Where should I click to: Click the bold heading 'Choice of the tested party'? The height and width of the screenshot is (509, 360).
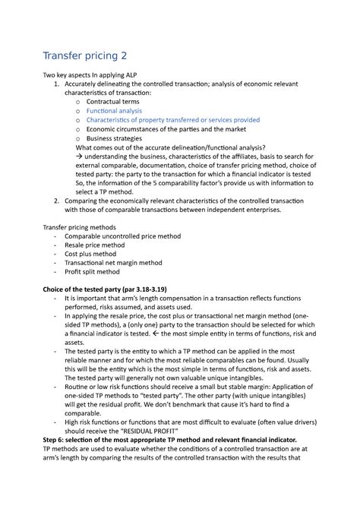click(115, 290)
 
